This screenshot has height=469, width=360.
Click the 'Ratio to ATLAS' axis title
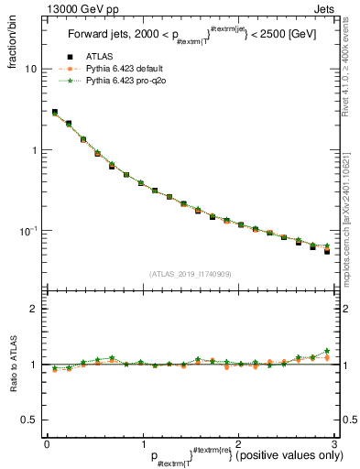coord(12,365)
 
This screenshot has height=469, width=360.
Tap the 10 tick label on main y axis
coord(31,70)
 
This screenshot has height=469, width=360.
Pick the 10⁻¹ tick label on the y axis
coord(30,231)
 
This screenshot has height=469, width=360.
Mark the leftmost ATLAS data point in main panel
coord(54,113)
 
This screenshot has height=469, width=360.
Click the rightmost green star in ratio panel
coord(327,351)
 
